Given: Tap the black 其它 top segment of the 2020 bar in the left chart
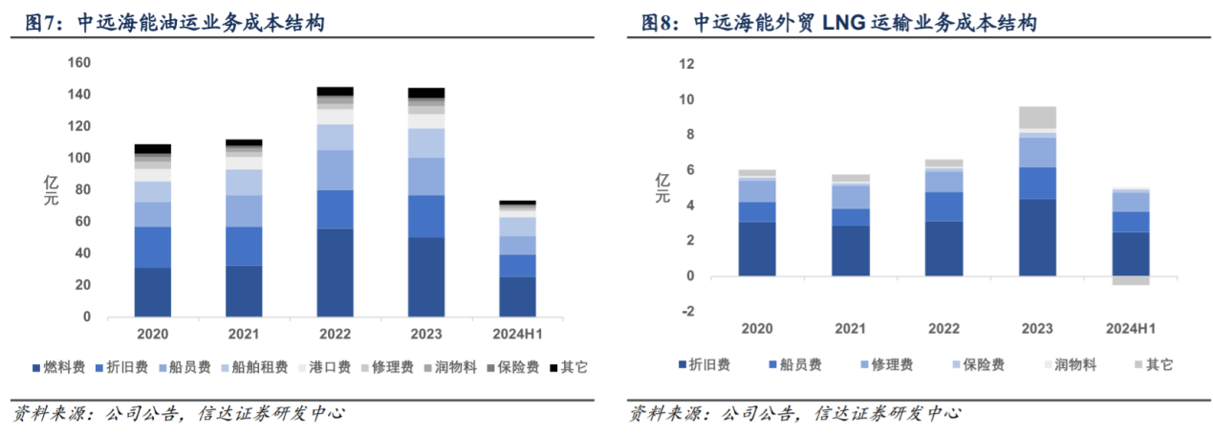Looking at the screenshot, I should click(x=152, y=149).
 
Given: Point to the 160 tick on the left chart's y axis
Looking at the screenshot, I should click(x=79, y=63).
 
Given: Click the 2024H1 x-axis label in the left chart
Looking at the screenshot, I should click(x=517, y=334).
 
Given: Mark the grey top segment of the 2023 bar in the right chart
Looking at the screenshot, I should click(x=1036, y=118).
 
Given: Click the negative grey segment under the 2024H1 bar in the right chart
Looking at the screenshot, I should click(x=1130, y=280).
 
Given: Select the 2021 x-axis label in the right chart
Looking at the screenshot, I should click(x=850, y=329).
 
